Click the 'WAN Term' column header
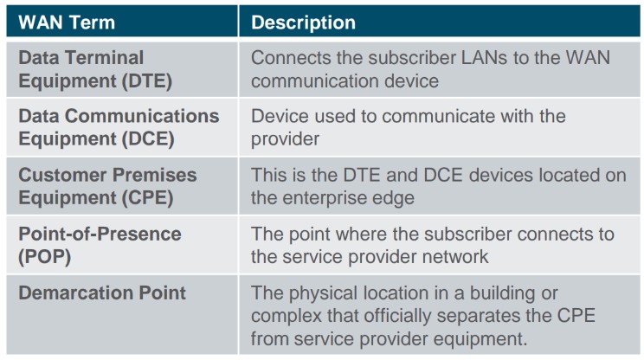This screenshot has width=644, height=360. [67, 22]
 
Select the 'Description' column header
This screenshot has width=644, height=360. [303, 22]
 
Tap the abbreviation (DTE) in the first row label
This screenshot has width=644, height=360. [146, 80]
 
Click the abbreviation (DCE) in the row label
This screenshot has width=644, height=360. [148, 139]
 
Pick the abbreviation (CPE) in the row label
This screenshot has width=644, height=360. [147, 198]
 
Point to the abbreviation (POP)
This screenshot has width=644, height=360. [45, 257]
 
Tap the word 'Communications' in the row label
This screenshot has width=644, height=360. [142, 116]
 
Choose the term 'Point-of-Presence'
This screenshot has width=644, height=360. [100, 234]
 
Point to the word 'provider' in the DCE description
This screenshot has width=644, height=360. [285, 139]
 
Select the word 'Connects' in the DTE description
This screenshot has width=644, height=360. [291, 57]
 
